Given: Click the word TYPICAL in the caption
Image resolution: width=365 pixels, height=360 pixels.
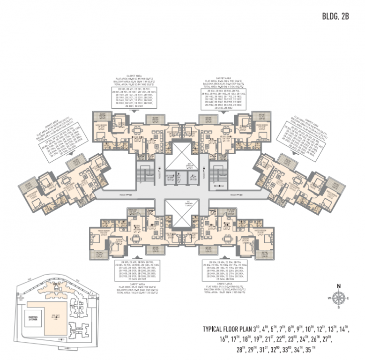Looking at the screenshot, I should (213, 329).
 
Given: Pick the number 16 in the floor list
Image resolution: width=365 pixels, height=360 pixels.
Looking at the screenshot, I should (215, 339).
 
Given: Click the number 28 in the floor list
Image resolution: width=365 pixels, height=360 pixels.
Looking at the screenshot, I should (241, 349).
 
